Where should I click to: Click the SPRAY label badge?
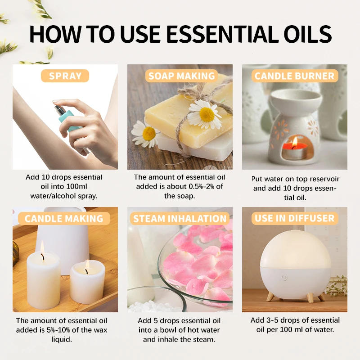65,76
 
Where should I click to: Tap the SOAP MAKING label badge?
181,76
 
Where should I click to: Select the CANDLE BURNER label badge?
295,76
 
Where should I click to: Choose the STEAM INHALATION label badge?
180,219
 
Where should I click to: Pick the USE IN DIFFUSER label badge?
295,219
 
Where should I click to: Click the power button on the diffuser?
284,277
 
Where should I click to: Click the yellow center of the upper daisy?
207,115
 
